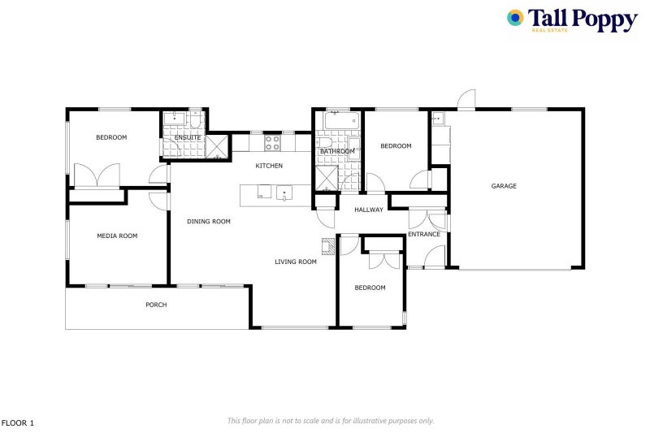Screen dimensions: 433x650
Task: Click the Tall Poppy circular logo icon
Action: (515, 18)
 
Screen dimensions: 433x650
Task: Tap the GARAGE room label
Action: (504, 186)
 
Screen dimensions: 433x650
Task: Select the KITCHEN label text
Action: (269, 166)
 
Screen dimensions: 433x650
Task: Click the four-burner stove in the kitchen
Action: (273, 143)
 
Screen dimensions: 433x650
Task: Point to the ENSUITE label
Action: (188, 138)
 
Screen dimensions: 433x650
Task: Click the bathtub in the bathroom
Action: (337, 123)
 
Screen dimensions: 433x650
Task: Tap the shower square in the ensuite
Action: (217, 147)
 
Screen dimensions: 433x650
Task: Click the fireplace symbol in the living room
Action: (327, 245)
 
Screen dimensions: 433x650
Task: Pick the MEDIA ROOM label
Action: (117, 236)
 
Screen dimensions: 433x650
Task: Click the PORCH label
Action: (156, 305)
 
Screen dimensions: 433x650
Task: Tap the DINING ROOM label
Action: (209, 221)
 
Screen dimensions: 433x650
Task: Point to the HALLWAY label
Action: (369, 210)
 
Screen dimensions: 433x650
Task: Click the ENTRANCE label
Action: (423, 235)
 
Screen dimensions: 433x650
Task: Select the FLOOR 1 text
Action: (18, 422)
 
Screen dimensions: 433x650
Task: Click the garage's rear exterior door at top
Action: (466, 100)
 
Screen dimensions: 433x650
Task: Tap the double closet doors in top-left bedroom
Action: (97, 176)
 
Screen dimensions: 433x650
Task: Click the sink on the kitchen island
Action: (285, 193)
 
